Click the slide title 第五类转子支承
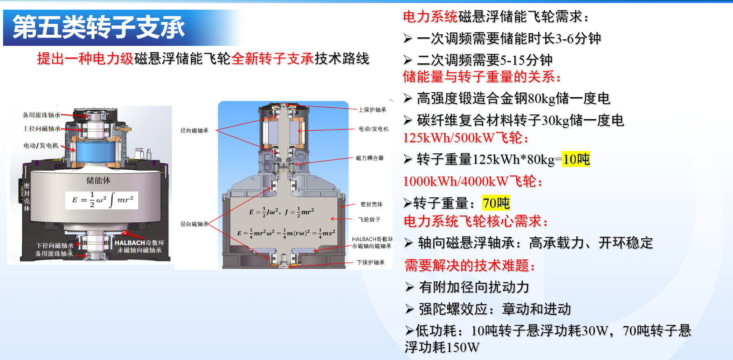(x=99, y=27)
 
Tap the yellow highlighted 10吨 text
(x=576, y=159)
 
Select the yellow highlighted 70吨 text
(x=496, y=203)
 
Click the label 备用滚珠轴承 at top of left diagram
(x=42, y=115)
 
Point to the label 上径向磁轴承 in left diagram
(x=42, y=128)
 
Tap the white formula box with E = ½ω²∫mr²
(x=102, y=200)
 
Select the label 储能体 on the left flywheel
(x=98, y=180)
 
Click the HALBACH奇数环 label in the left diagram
(x=139, y=243)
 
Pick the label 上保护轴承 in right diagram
(x=372, y=110)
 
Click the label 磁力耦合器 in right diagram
(x=370, y=158)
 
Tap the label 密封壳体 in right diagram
(x=372, y=204)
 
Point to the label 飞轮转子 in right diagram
(x=369, y=220)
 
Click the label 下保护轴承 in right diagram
(x=371, y=262)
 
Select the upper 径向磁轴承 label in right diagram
(x=194, y=131)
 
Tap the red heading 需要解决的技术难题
(x=470, y=266)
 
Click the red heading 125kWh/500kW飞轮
(x=466, y=138)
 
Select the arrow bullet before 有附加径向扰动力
(x=410, y=287)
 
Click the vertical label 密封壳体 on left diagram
(x=27, y=197)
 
